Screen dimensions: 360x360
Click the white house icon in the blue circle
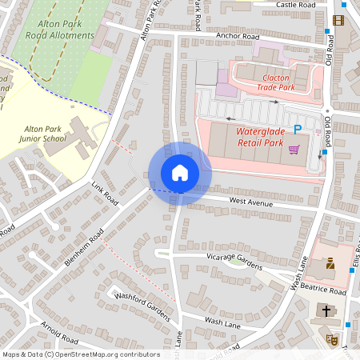(180, 173)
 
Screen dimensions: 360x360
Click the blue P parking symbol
(298, 129)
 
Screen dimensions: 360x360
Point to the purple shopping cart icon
(294, 149)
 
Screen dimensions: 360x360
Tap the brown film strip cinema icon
(338, 20)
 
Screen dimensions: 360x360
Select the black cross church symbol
(326, 310)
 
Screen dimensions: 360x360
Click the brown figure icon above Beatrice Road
(330, 263)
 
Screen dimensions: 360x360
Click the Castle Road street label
(295, 5)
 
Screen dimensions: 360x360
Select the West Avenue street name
(251, 202)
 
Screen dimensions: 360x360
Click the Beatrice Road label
(324, 293)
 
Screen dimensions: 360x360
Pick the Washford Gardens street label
(143, 306)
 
